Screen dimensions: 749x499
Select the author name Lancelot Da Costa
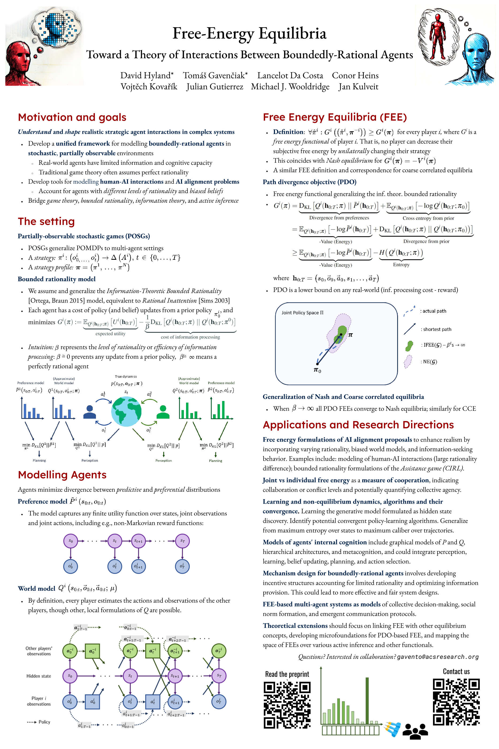[x=290, y=75]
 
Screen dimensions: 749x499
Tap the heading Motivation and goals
[x=72, y=117]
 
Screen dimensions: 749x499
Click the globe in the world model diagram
[x=126, y=411]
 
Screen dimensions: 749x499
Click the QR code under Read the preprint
[x=287, y=705]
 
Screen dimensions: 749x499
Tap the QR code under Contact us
[x=456, y=702]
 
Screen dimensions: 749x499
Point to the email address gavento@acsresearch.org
[x=438, y=657]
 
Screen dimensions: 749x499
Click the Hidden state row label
[x=38, y=676]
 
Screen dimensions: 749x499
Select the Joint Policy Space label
[x=302, y=313]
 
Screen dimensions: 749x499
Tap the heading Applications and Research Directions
[x=358, y=425]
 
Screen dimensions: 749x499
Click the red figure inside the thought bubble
[x=438, y=36]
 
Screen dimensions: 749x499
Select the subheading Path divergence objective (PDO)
[x=309, y=182]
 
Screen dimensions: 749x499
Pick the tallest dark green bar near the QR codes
[x=367, y=701]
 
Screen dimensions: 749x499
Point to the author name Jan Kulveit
[x=358, y=87]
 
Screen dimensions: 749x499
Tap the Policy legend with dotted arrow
[x=38, y=722]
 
